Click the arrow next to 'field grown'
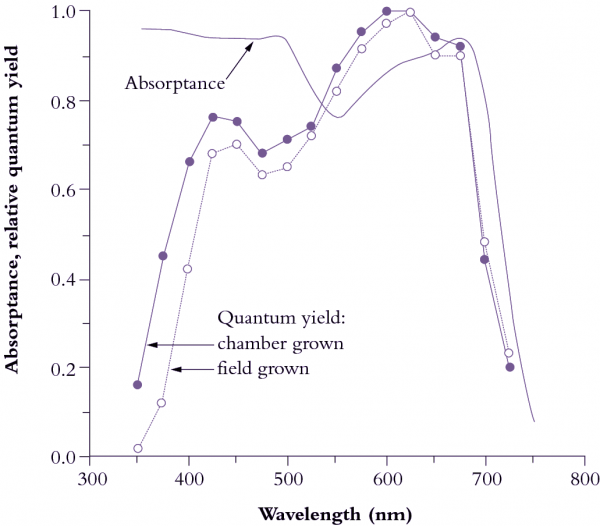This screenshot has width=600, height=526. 192,369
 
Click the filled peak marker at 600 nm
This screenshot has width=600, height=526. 386,11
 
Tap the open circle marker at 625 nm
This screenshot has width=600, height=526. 410,12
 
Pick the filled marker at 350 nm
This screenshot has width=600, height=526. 138,385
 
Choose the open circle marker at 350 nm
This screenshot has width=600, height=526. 138,448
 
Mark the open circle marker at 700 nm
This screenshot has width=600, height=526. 484,242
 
